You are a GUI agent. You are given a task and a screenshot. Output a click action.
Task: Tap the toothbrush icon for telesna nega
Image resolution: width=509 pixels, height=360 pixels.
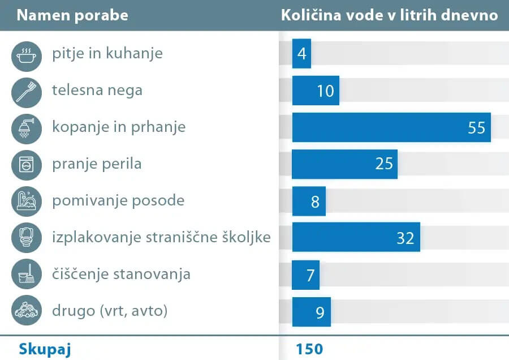tap(26, 91)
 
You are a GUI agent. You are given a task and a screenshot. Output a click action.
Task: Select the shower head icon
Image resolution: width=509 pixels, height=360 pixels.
tap(26, 127)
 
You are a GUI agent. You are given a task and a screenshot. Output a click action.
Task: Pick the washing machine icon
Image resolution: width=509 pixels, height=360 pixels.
tap(26, 164)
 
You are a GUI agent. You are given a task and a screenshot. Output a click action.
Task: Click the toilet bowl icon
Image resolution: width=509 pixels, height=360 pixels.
tap(26, 238)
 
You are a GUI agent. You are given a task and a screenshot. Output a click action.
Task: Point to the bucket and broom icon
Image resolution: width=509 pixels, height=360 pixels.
tap(26, 275)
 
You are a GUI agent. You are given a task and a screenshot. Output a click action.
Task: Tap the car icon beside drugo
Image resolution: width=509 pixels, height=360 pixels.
tap(26, 311)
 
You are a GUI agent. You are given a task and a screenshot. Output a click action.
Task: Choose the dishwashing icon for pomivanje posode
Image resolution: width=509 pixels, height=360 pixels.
tap(26, 201)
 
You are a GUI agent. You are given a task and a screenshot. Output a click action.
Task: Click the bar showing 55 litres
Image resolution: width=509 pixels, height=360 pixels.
tap(391, 127)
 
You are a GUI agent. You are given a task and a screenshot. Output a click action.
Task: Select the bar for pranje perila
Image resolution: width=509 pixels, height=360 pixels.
tap(344, 164)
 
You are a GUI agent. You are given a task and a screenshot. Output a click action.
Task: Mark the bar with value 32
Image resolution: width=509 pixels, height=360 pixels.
tap(356, 238)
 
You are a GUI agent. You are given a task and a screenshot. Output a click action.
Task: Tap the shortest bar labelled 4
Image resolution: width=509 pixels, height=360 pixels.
tap(301, 54)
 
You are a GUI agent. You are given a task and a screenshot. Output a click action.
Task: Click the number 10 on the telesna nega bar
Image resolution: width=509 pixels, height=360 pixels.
tap(326, 91)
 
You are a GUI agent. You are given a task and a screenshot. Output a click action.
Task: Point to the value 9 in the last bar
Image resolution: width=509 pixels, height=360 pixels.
tap(320, 312)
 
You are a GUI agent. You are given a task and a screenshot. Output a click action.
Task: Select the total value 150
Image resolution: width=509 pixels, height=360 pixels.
tap(309, 349)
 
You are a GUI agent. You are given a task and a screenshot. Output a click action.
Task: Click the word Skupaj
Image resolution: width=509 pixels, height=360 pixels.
tap(45, 349)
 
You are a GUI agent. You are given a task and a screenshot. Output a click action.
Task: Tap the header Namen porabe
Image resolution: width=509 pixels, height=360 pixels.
tap(72, 15)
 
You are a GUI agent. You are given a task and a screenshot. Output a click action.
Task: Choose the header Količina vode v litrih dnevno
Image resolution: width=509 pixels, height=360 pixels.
tap(390, 15)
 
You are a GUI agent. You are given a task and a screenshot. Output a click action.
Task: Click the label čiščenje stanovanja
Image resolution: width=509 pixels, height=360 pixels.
tap(121, 275)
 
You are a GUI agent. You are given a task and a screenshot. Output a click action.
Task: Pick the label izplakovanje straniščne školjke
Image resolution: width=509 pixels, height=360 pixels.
tap(161, 238)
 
